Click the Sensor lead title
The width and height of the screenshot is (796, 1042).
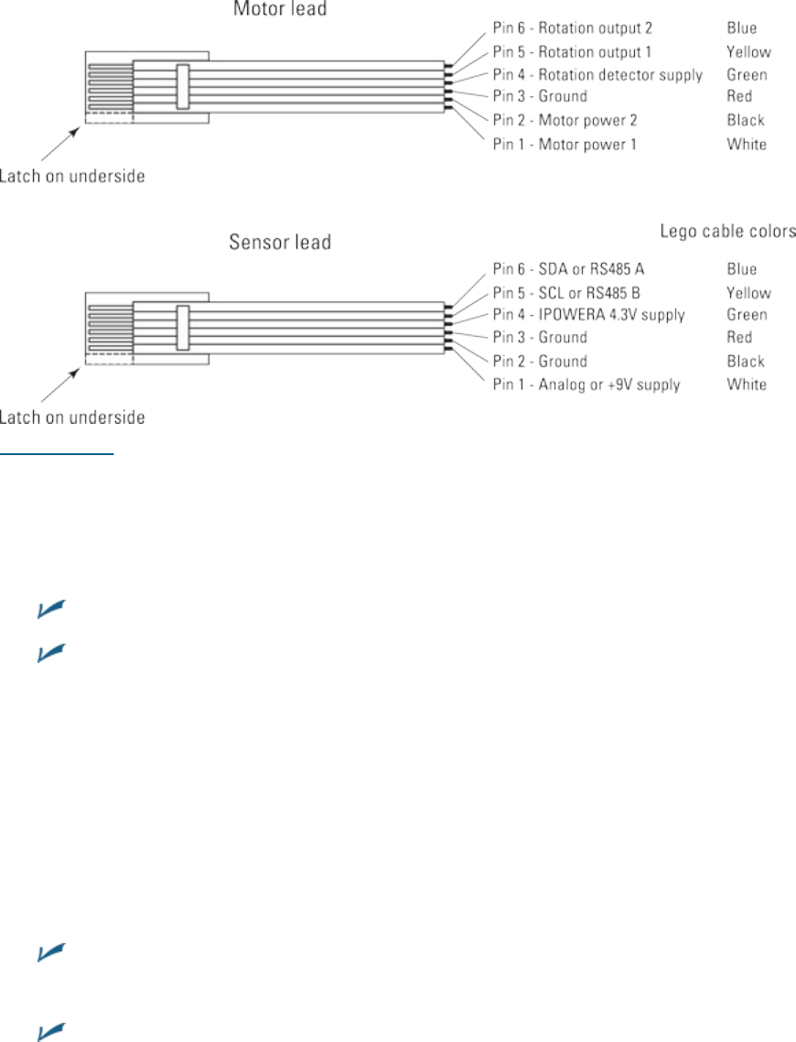click(x=278, y=244)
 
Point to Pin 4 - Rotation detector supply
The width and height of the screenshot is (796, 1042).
click(x=597, y=74)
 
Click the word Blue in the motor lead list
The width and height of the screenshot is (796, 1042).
click(x=742, y=28)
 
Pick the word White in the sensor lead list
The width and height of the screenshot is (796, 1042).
click(x=747, y=385)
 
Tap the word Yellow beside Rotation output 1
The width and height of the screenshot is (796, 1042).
click(x=748, y=51)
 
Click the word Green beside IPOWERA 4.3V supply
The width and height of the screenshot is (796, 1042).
click(x=747, y=315)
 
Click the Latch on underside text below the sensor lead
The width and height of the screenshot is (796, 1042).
click(x=72, y=418)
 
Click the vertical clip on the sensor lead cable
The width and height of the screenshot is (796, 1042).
click(x=183, y=328)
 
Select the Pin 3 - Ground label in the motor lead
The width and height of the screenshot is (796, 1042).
click(x=539, y=96)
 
